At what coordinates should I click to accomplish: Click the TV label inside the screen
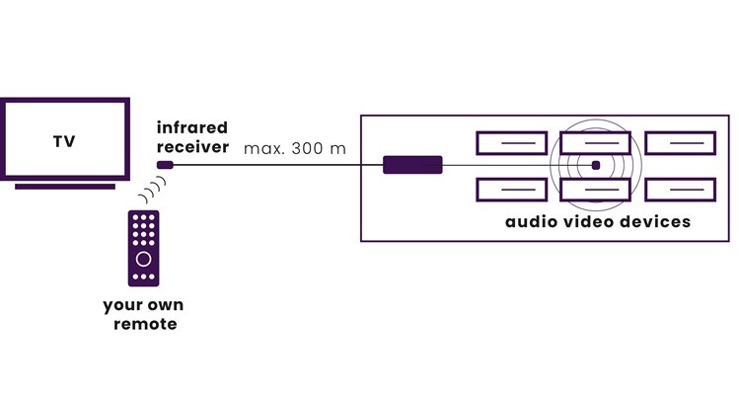click(64, 141)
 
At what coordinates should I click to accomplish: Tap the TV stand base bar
click(65, 186)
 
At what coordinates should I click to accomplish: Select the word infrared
click(191, 127)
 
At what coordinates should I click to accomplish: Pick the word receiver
click(191, 147)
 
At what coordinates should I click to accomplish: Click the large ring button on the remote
click(144, 259)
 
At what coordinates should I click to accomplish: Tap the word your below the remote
click(121, 304)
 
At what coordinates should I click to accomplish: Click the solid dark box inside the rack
click(412, 165)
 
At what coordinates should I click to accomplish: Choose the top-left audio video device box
click(511, 143)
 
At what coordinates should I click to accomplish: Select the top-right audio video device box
click(679, 143)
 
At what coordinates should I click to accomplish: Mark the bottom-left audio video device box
click(511, 189)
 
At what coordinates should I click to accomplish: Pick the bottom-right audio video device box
click(679, 189)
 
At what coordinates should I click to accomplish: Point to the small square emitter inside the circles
click(596, 165)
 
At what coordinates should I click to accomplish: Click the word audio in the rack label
click(532, 222)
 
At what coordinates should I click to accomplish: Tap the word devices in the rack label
click(658, 222)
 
